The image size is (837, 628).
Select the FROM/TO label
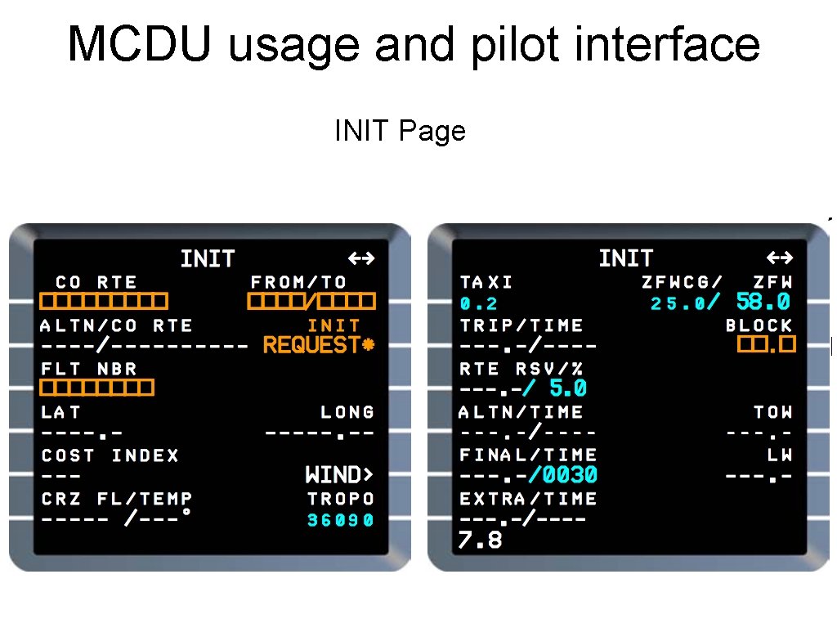pyautogui.click(x=299, y=282)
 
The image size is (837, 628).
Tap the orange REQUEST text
pyautogui.click(x=311, y=346)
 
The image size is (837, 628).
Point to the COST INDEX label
pyautogui.click(x=110, y=455)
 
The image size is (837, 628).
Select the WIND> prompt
pyautogui.click(x=339, y=475)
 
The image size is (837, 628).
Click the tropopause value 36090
pyautogui.click(x=341, y=520)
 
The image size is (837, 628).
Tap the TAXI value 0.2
pyautogui.click(x=479, y=304)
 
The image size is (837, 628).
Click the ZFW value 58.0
pyautogui.click(x=763, y=303)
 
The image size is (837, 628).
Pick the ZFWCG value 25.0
pyautogui.click(x=678, y=304)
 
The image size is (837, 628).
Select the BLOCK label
pyautogui.click(x=759, y=325)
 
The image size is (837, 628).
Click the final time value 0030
pyautogui.click(x=569, y=475)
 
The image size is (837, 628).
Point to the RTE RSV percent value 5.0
pyautogui.click(x=568, y=389)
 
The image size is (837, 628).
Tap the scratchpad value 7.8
pyautogui.click(x=481, y=540)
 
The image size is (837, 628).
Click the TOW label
pyautogui.click(x=773, y=412)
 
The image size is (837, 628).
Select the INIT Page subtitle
pyautogui.click(x=400, y=131)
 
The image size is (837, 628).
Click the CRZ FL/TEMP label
pyautogui.click(x=117, y=499)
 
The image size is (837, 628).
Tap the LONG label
pyautogui.click(x=347, y=412)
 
